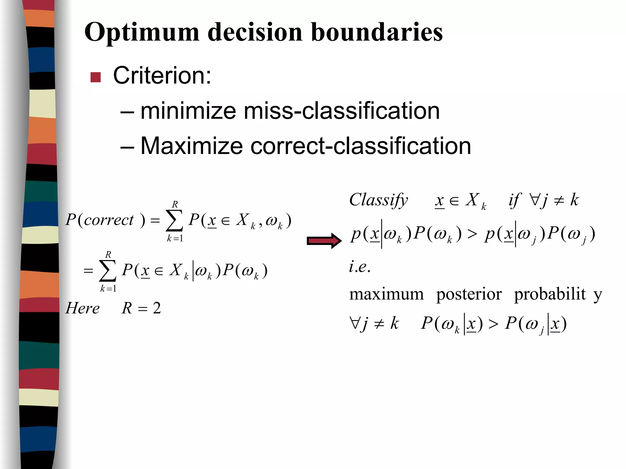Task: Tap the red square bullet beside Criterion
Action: point(96,77)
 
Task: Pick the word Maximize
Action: point(191,146)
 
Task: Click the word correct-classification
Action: point(361,146)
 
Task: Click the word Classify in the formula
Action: point(378,201)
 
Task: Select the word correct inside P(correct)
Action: point(109,220)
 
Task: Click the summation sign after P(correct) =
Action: point(175,221)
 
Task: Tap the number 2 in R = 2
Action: point(157,308)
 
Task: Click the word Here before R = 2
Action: point(83,308)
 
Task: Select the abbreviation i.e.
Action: point(360,267)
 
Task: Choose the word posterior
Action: point(469,294)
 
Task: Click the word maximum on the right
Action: point(386,294)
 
